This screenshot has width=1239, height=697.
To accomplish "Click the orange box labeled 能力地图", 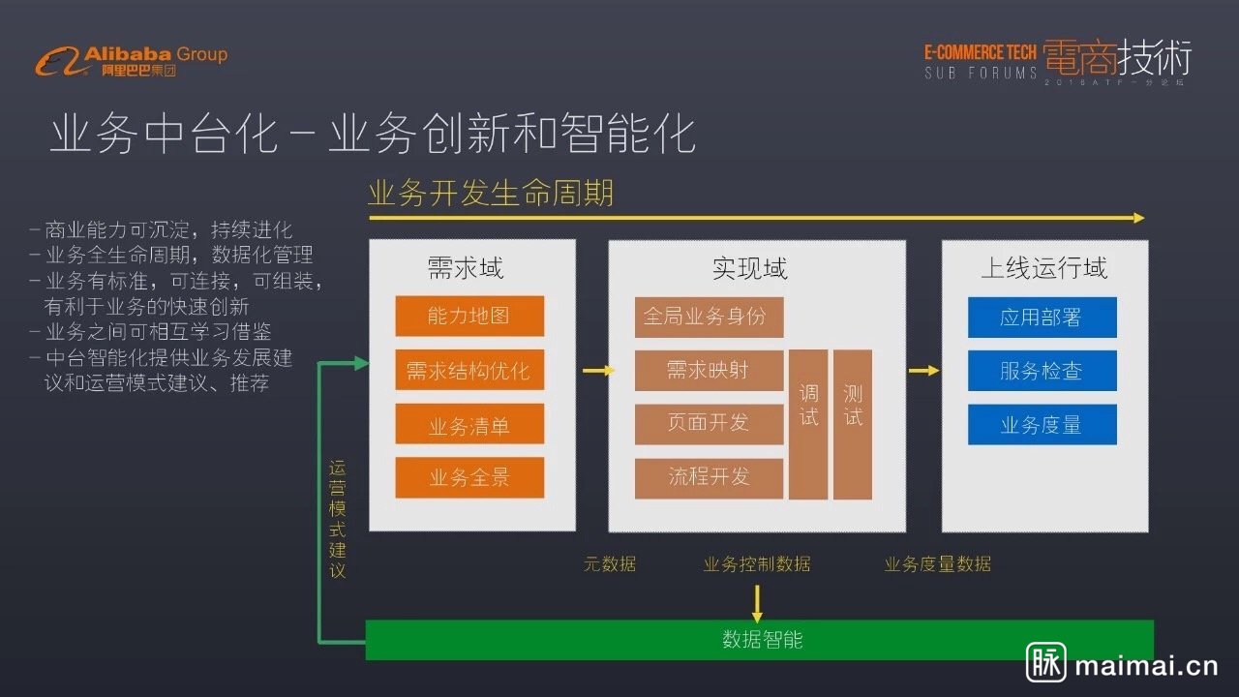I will [x=469, y=316].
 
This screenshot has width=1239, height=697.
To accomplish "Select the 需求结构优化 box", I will [x=469, y=370].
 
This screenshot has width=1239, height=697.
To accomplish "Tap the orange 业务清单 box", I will [x=469, y=424].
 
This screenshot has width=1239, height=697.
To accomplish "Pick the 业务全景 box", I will [x=469, y=477].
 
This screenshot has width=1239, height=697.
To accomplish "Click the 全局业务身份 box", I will [x=709, y=317].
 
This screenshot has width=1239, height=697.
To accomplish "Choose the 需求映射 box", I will [x=709, y=371].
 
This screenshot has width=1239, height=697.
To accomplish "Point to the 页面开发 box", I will [x=709, y=424].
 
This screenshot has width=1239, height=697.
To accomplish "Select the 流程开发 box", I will [x=709, y=478].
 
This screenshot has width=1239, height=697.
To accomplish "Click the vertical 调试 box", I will [x=808, y=424].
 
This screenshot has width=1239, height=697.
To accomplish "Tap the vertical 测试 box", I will [x=853, y=424].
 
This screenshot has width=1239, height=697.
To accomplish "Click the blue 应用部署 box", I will [x=1042, y=318].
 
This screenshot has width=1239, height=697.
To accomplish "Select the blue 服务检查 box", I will [x=1042, y=371].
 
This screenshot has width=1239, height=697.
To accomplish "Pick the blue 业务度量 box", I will [x=1042, y=425].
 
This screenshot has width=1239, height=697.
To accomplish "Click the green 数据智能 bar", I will [x=760, y=640].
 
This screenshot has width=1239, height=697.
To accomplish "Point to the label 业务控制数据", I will [x=757, y=564].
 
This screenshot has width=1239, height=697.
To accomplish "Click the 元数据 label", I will [x=610, y=564].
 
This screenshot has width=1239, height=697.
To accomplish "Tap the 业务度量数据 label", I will [x=937, y=564].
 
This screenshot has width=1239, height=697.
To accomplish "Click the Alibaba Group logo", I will [x=132, y=60].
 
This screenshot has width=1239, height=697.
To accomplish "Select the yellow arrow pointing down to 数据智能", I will [x=757, y=603].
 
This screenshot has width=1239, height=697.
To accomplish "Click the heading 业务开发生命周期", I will [x=490, y=193].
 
